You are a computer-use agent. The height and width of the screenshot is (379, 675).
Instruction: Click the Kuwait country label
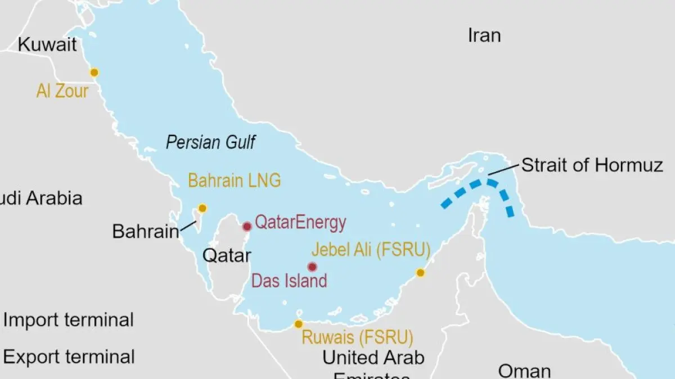pyautogui.click(x=47, y=45)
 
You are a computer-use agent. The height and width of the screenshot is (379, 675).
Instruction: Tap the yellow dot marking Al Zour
pyautogui.click(x=94, y=73)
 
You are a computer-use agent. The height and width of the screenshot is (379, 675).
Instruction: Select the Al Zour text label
pyautogui.click(x=62, y=91)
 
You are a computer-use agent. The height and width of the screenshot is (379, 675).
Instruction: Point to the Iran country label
pyautogui.click(x=484, y=35)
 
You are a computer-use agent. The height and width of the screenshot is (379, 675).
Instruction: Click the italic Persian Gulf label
pyautogui.click(x=210, y=142)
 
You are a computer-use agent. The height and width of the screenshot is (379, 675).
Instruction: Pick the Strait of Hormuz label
pyautogui.click(x=592, y=165)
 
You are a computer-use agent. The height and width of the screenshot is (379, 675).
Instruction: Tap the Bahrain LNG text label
pyautogui.click(x=234, y=181)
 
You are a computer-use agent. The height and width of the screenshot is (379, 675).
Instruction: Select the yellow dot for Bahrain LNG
pyautogui.click(x=202, y=208)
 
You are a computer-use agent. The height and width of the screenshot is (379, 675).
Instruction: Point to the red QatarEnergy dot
pyautogui.click(x=246, y=227)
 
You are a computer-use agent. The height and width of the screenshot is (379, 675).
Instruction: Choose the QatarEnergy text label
pyautogui.click(x=300, y=223)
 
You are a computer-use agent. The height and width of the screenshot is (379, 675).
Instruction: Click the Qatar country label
pyautogui.click(x=227, y=256)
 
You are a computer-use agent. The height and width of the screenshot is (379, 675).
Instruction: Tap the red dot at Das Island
pyautogui.click(x=312, y=267)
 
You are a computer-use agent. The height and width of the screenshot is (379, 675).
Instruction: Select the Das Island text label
pyautogui.click(x=289, y=281)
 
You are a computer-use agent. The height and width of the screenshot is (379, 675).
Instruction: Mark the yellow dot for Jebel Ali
pyautogui.click(x=420, y=273)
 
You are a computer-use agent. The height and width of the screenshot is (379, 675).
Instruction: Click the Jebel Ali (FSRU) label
pyautogui.click(x=371, y=250)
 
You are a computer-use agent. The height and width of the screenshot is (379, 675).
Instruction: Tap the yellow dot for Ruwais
pyautogui.click(x=299, y=324)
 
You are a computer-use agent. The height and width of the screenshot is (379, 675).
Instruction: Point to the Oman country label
pyautogui.click(x=524, y=371)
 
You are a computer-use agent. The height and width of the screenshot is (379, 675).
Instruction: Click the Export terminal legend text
pyautogui.click(x=69, y=357)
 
